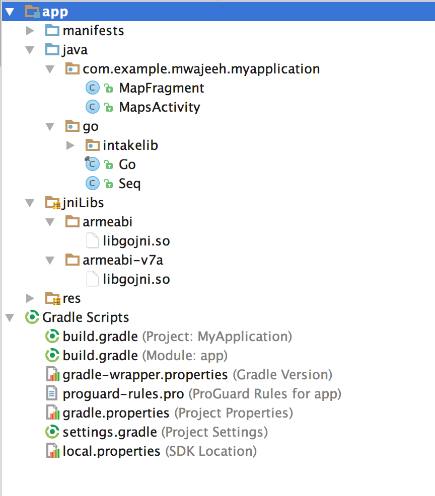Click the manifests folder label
93,31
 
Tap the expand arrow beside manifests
30,31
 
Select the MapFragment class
161,88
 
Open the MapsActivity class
159,107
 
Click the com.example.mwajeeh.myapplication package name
201,69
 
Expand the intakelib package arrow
70,145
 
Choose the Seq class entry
129,184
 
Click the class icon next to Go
92,164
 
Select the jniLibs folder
83,203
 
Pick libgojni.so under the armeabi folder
136,241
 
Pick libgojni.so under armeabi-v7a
136,279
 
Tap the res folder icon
52,298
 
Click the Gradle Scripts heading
86,317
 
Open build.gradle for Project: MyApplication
100,337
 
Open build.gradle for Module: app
100,356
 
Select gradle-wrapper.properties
145,375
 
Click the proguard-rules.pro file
123,394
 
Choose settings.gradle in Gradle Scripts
110,432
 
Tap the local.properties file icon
52,451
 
